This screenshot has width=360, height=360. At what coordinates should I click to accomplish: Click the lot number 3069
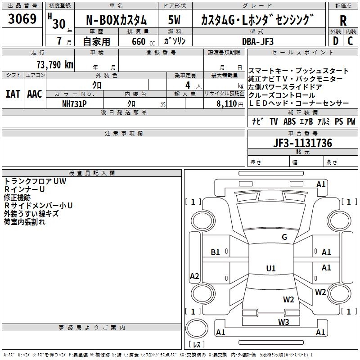click(22, 20)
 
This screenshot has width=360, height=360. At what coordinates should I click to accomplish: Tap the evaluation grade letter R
click(343, 21)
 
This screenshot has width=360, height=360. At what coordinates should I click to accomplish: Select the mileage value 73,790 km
click(54, 65)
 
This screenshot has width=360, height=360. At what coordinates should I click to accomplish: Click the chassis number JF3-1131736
click(302, 144)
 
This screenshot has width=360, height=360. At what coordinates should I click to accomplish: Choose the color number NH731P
click(74, 103)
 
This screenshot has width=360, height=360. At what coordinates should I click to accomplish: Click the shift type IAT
click(13, 94)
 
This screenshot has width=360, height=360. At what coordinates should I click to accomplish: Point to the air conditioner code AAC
click(34, 94)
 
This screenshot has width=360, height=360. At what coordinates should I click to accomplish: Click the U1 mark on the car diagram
click(270, 268)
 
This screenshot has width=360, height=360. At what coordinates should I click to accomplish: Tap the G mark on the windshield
click(284, 237)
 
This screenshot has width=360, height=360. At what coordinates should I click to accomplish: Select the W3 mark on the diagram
click(283, 321)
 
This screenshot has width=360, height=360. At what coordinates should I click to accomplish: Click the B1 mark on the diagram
click(216, 252)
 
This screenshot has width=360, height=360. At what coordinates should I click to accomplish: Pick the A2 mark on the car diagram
click(194, 276)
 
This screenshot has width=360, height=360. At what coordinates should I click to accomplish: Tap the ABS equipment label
click(290, 121)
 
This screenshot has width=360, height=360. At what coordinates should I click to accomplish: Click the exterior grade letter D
click(335, 41)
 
